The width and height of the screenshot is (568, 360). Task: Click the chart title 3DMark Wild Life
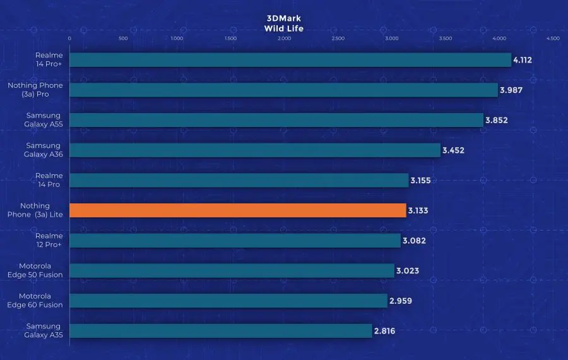tap(284, 23)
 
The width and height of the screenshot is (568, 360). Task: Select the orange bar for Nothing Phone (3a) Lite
tap(237, 210)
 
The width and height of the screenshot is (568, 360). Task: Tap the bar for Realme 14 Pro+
tap(290, 59)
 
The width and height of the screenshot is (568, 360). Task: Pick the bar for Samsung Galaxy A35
tap(220, 331)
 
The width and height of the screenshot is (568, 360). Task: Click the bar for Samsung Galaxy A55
tap(276, 120)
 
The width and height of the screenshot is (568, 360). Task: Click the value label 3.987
tap(511, 90)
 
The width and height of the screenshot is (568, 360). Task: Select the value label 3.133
tap(419, 210)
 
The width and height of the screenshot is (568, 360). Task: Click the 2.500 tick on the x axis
tap(338, 39)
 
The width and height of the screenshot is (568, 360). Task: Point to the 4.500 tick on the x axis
tap(553, 39)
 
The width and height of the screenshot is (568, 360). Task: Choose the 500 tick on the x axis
tap(123, 39)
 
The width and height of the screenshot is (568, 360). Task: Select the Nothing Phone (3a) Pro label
tap(35, 90)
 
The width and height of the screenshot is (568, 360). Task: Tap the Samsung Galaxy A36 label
tap(43, 150)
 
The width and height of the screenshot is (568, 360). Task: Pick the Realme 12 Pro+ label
tap(49, 240)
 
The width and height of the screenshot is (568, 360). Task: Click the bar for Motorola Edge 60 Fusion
tap(228, 301)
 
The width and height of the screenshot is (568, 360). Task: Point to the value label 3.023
tap(408, 271)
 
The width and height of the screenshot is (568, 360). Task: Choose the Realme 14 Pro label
tap(49, 180)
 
